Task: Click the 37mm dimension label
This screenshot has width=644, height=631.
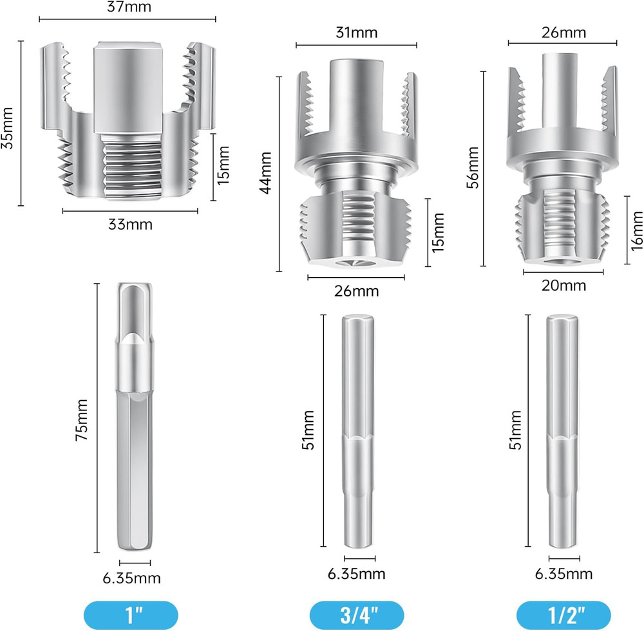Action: [x=129, y=7]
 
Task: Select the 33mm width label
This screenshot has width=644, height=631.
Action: [x=130, y=224]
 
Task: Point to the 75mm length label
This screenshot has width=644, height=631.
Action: [x=81, y=420]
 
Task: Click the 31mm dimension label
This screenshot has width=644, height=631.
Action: [x=357, y=32]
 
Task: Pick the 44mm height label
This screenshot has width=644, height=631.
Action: [x=266, y=172]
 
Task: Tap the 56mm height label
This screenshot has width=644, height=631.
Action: [x=473, y=167]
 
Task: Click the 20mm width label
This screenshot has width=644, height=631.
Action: [x=563, y=285]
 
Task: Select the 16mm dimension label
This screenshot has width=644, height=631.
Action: [x=636, y=230]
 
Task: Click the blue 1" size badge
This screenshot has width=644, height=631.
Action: [x=131, y=615]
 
